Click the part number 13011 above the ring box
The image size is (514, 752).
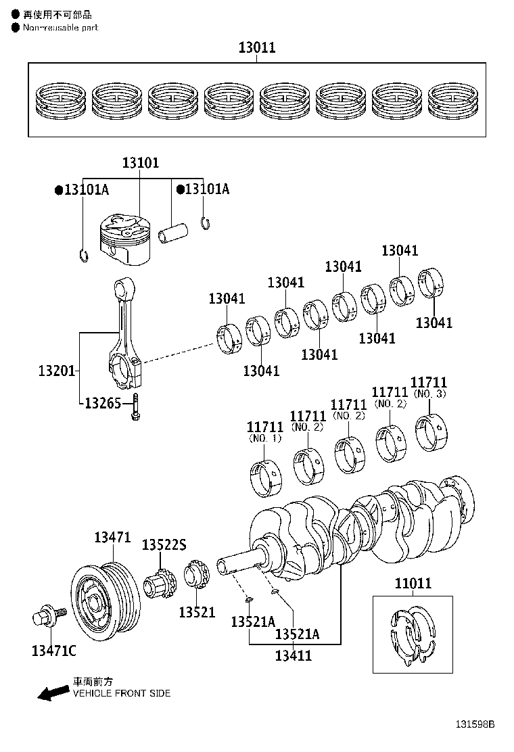pyautogui.click(x=256, y=48)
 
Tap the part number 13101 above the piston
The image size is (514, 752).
pyautogui.click(x=140, y=163)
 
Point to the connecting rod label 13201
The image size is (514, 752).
pyautogui.click(x=56, y=371)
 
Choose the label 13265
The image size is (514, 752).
pyautogui.click(x=103, y=404)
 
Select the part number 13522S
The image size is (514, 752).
pyautogui.click(x=164, y=545)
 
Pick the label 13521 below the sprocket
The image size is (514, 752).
pyautogui.click(x=197, y=612)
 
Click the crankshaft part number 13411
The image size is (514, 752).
pyautogui.click(x=294, y=655)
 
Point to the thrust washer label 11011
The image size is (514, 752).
pyautogui.click(x=413, y=584)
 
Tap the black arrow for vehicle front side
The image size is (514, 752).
pyautogui.click(x=53, y=692)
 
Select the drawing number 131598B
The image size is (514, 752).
pyautogui.click(x=473, y=724)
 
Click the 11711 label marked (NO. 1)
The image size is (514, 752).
pyautogui.click(x=265, y=427)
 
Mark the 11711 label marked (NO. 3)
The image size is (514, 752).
pyautogui.click(x=429, y=383)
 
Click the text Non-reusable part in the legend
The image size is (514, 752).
pyautogui.click(x=60, y=28)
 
